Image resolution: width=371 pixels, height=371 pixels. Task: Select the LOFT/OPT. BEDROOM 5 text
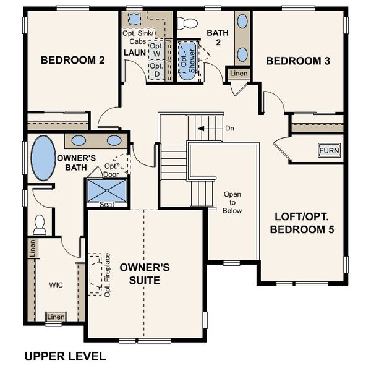click(x=304, y=223)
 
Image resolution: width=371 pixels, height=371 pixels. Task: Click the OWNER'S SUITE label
click(x=145, y=274)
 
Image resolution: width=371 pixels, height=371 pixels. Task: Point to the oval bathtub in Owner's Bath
click(x=43, y=158)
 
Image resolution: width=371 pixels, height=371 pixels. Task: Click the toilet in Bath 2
click(x=186, y=23)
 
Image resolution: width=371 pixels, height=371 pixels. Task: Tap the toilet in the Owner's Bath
click(x=40, y=224)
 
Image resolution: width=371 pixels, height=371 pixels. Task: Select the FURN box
click(x=329, y=150)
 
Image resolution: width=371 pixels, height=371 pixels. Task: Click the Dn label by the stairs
click(x=229, y=129)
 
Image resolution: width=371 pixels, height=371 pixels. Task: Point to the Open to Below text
click(x=232, y=202)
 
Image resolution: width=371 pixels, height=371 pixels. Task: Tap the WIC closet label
click(x=56, y=286)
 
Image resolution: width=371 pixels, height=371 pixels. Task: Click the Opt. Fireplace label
click(x=107, y=274)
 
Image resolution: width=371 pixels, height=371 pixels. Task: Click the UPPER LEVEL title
click(x=65, y=356)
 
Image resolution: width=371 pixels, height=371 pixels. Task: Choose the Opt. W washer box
click(x=156, y=50)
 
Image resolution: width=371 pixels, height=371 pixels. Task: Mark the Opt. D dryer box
click(x=156, y=70)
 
